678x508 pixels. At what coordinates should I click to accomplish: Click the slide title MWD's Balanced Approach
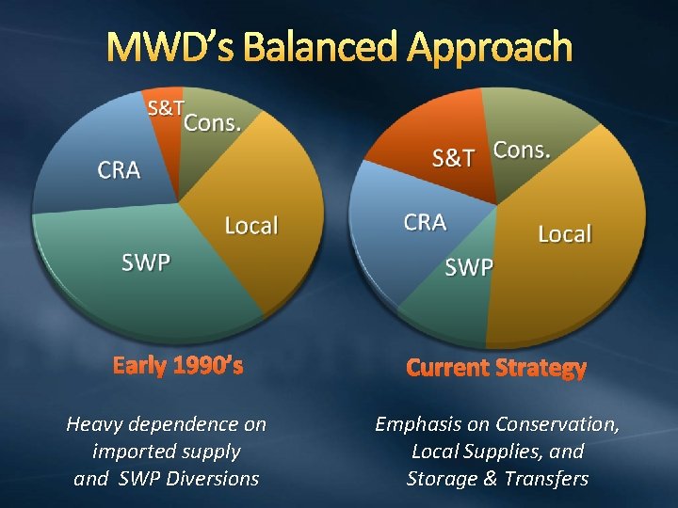(338, 46)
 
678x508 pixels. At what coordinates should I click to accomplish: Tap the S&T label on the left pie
(165, 107)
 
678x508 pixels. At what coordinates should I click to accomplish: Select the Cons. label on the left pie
(212, 122)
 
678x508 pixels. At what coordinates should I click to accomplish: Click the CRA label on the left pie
(120, 170)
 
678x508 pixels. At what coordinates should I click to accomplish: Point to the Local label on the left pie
(251, 226)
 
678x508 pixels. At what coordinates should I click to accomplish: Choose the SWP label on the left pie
(146, 262)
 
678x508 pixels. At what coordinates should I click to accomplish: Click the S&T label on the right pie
(454, 157)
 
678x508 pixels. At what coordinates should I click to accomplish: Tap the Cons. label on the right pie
(523, 150)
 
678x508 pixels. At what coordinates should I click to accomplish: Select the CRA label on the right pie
(425, 222)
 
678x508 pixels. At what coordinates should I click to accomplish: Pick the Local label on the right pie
(565, 233)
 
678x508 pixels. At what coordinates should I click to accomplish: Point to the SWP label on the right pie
(469, 268)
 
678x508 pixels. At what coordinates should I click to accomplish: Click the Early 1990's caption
(178, 365)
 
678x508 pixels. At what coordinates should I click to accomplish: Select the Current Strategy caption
(496, 368)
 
